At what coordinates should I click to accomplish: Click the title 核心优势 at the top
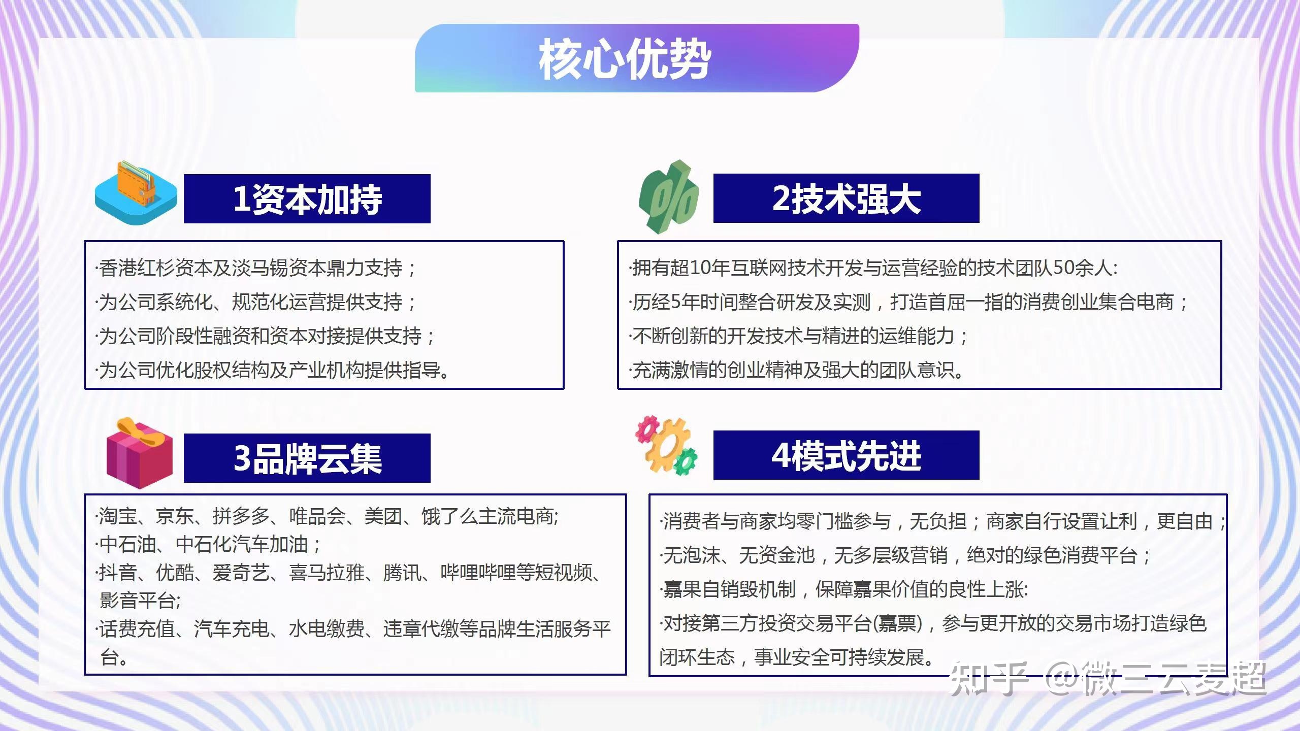[x=624, y=60]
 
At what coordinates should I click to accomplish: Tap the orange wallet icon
[x=136, y=193]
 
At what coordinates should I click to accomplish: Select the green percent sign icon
[x=669, y=197]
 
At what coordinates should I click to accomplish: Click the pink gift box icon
[x=139, y=453]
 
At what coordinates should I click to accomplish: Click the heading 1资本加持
[x=307, y=199]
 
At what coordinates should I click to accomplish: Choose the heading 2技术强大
[x=847, y=198]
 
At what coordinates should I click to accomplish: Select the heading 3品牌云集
[x=307, y=458]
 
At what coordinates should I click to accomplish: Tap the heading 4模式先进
[x=847, y=455]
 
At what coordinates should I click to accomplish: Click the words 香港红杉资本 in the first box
[x=155, y=268]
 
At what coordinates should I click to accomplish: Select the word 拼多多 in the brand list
[x=241, y=516]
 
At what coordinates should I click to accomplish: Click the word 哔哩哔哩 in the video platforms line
[x=478, y=573]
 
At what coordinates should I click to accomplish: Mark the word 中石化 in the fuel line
[x=203, y=544]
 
